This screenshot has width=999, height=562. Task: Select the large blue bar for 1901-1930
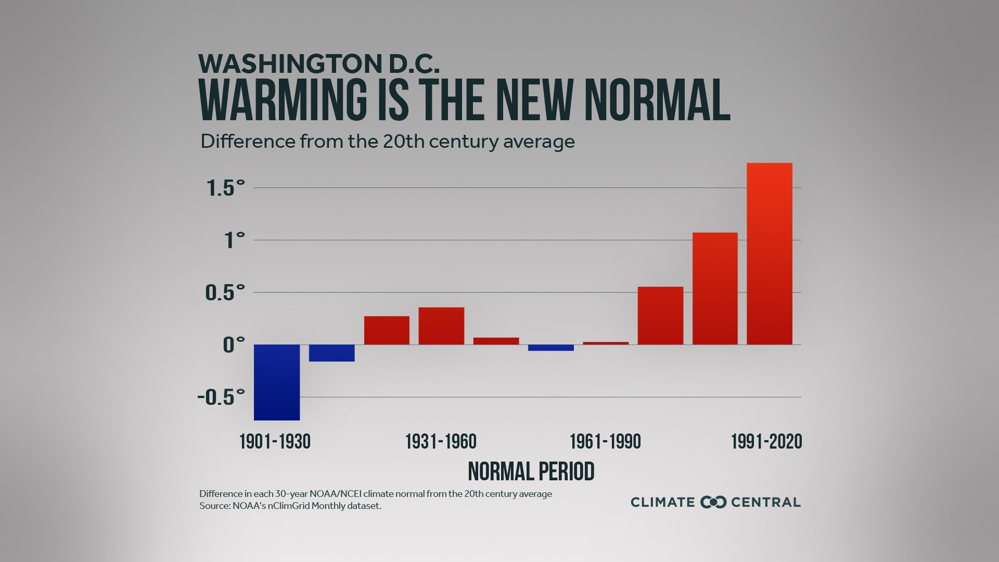click(277, 382)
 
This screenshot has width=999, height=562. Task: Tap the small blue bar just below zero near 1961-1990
click(551, 348)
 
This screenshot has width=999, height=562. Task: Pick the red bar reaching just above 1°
click(715, 289)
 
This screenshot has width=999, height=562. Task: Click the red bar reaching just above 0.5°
click(660, 316)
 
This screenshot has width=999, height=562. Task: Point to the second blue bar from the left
click(331, 353)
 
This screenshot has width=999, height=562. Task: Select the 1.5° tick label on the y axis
click(225, 188)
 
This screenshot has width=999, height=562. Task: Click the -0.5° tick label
click(221, 398)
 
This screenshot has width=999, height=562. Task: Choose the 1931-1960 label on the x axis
click(441, 442)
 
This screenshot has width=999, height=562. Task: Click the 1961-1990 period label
click(605, 442)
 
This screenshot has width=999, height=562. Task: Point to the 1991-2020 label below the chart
click(766, 442)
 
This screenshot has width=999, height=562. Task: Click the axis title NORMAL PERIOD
click(531, 471)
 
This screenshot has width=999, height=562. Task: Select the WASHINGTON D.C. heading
click(319, 63)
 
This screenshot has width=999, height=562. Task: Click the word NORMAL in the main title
click(657, 100)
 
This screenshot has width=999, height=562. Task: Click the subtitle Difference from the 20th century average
click(387, 142)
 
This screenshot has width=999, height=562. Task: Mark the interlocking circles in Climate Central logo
click(713, 502)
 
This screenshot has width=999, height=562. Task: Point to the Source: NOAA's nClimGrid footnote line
click(290, 506)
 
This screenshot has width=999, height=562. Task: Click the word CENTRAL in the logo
click(765, 502)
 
